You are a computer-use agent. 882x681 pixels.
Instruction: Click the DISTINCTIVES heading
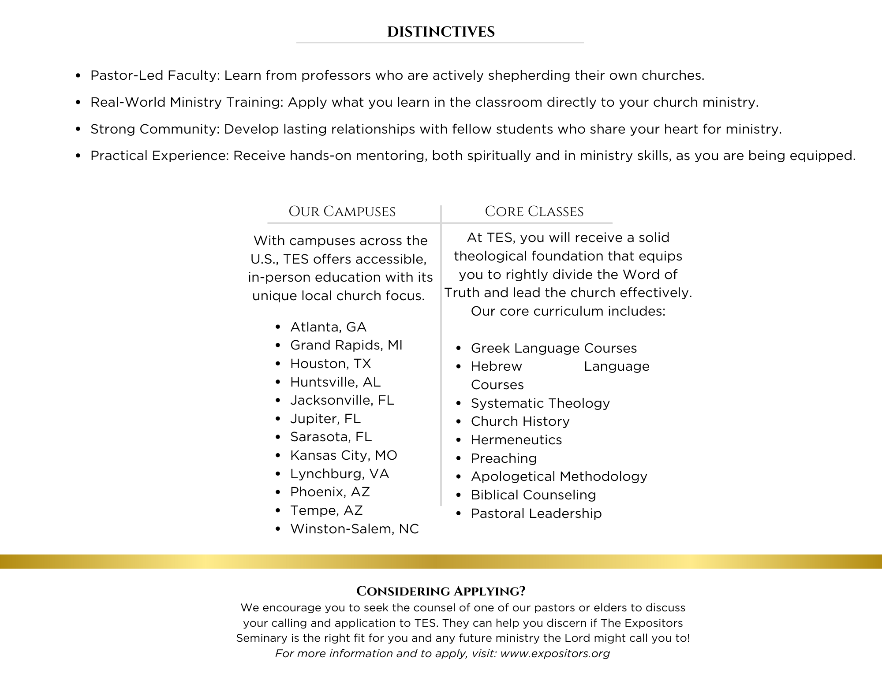pos(441,32)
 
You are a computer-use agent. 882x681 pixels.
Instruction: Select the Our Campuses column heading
pos(342,212)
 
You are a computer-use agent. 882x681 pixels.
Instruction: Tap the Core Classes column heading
pos(534,212)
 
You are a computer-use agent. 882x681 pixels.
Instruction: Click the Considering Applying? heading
pos(441,591)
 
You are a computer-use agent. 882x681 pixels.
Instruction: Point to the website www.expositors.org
pos(555,653)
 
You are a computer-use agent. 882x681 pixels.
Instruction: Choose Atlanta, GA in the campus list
pos(328,327)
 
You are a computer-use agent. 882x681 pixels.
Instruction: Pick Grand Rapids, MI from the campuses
pos(346,345)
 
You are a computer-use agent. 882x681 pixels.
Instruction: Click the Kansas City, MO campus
pos(344,455)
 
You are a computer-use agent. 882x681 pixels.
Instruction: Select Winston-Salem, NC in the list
pos(354,528)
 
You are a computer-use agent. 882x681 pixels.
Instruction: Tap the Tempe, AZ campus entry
pos(326,510)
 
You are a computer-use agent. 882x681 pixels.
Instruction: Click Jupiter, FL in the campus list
pos(325,419)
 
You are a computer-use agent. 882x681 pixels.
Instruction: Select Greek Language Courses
pos(553,348)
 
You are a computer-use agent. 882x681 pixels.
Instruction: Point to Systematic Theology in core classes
pos(540,403)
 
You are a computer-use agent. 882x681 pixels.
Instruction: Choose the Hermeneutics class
pos(516,440)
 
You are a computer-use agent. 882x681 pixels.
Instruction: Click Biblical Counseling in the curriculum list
pos(533,495)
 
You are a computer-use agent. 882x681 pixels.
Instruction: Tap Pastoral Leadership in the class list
pos(536,514)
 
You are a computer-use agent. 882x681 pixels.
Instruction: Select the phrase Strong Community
pos(155,129)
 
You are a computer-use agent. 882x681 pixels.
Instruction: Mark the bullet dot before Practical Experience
pos(78,156)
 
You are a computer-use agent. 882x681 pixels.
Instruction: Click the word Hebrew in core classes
pos(496,367)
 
